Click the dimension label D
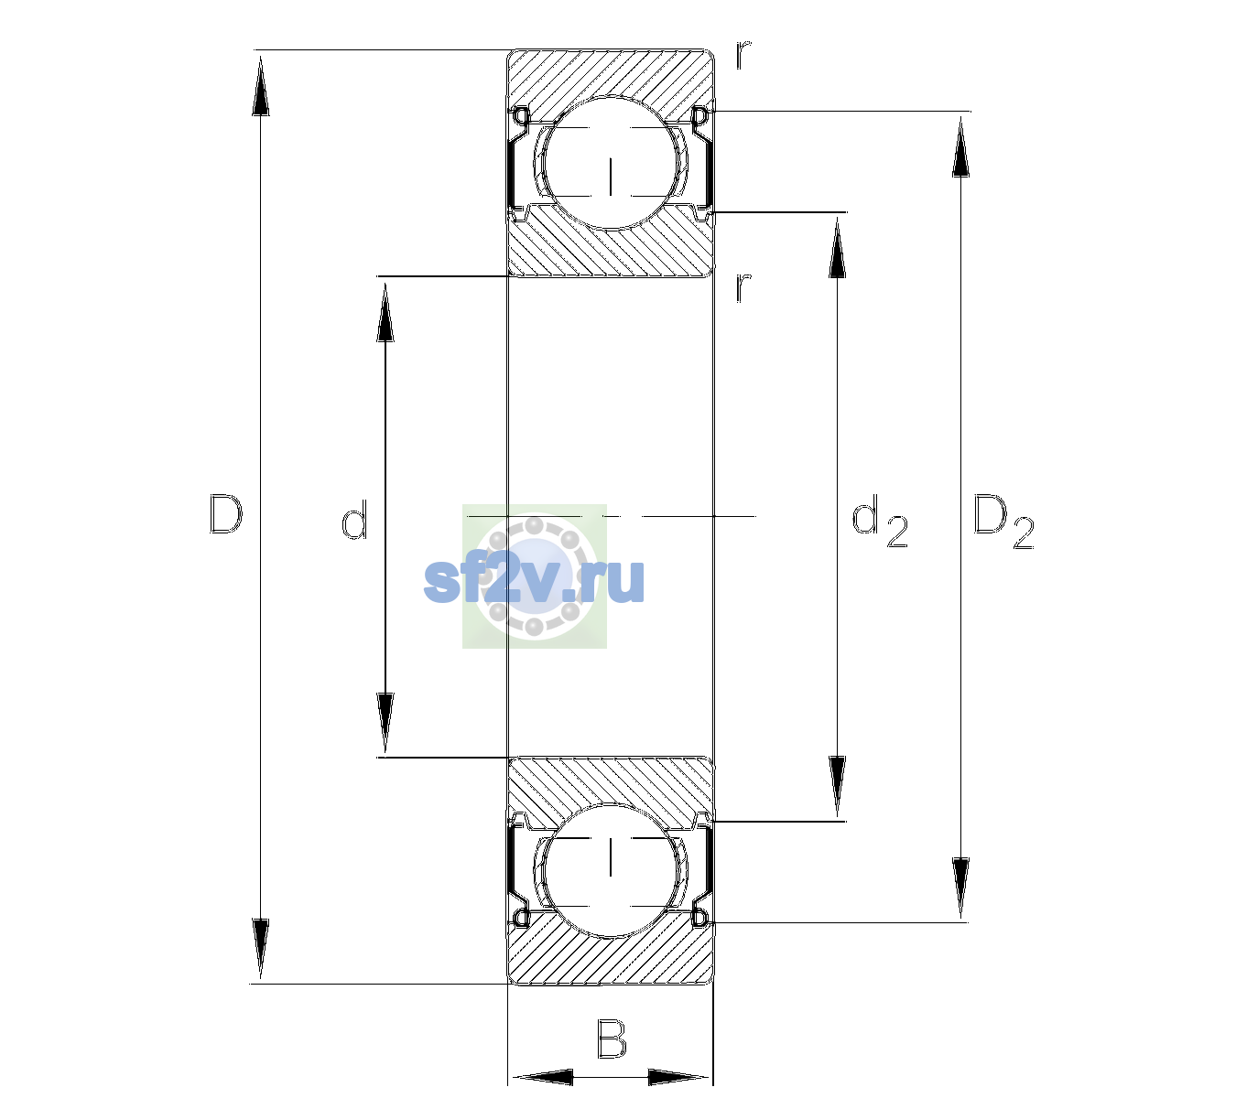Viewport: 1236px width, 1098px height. (x=225, y=514)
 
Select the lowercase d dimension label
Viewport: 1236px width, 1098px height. (x=354, y=520)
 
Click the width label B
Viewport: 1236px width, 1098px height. (x=612, y=1038)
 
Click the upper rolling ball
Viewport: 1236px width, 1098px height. (x=610, y=163)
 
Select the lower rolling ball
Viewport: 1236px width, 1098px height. (x=610, y=870)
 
